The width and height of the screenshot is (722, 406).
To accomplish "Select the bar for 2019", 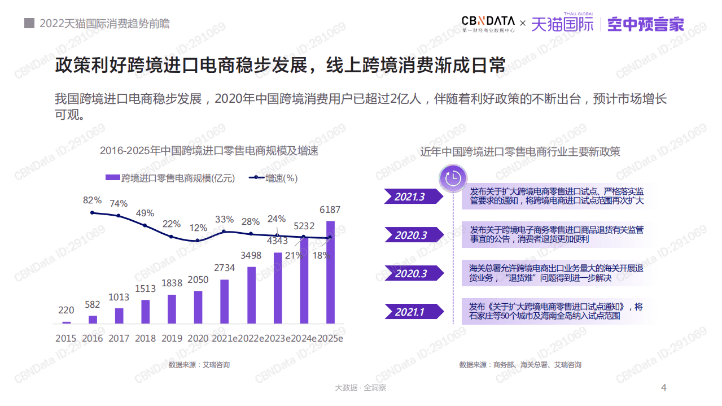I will (172, 309).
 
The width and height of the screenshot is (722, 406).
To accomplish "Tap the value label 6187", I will (330, 210).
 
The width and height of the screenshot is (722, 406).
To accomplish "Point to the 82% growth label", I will (92, 200).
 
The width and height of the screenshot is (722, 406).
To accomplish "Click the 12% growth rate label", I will (198, 228).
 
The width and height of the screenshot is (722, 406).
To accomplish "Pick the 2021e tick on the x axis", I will (225, 338).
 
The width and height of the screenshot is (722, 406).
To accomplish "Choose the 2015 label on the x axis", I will (66, 338).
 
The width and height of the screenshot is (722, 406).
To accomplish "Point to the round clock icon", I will (453, 178).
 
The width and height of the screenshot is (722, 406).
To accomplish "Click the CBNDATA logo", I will (488, 24).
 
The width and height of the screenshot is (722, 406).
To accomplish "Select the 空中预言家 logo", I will (646, 24).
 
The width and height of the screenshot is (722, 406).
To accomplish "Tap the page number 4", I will (664, 387).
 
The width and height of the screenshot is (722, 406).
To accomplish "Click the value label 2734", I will (225, 268).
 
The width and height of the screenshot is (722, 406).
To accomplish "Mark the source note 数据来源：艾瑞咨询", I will (199, 365).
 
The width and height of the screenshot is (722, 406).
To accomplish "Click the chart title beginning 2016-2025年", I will (209, 151).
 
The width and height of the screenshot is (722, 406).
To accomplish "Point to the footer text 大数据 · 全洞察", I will (361, 388).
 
